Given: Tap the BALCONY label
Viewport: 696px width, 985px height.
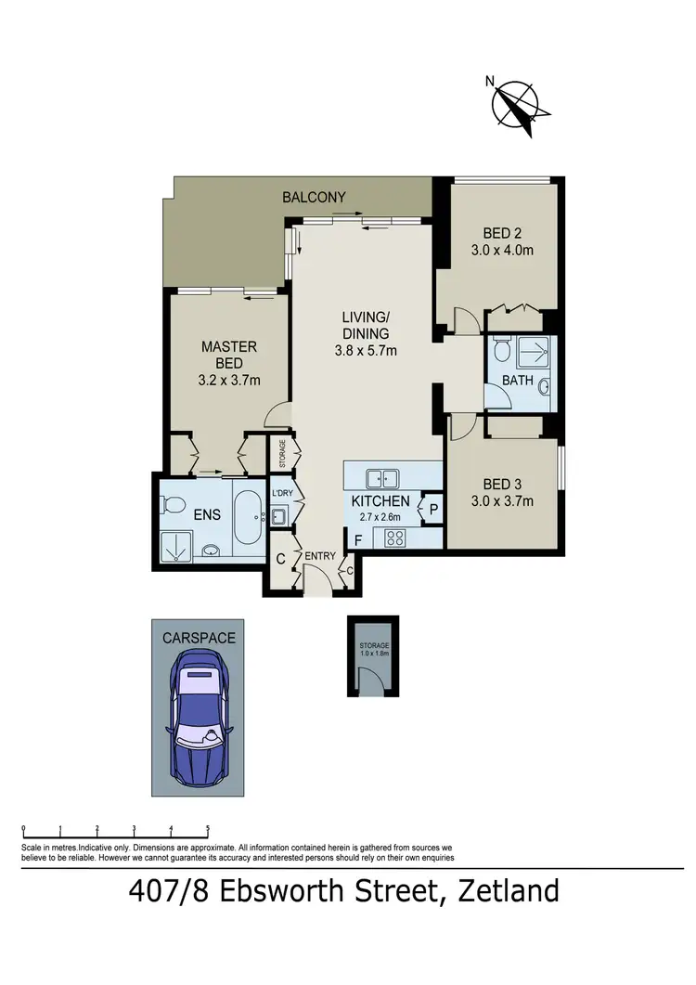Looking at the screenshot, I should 315,197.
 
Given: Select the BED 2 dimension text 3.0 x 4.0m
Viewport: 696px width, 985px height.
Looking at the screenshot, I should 502,250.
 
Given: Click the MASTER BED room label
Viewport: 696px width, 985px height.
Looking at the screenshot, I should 229,354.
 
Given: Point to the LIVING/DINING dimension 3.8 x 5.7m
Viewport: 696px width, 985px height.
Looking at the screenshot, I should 366,350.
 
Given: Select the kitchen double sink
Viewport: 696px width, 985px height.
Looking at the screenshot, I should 383,479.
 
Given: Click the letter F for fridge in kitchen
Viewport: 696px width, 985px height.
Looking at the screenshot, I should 355,538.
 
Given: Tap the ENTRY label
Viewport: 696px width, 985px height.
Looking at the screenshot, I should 321,555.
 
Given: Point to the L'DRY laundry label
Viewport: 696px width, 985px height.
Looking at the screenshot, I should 281,493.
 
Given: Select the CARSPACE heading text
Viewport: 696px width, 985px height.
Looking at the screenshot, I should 199,638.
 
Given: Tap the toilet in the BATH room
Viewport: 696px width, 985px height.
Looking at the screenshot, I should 500,351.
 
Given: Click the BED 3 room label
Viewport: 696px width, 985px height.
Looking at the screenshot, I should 502,484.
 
